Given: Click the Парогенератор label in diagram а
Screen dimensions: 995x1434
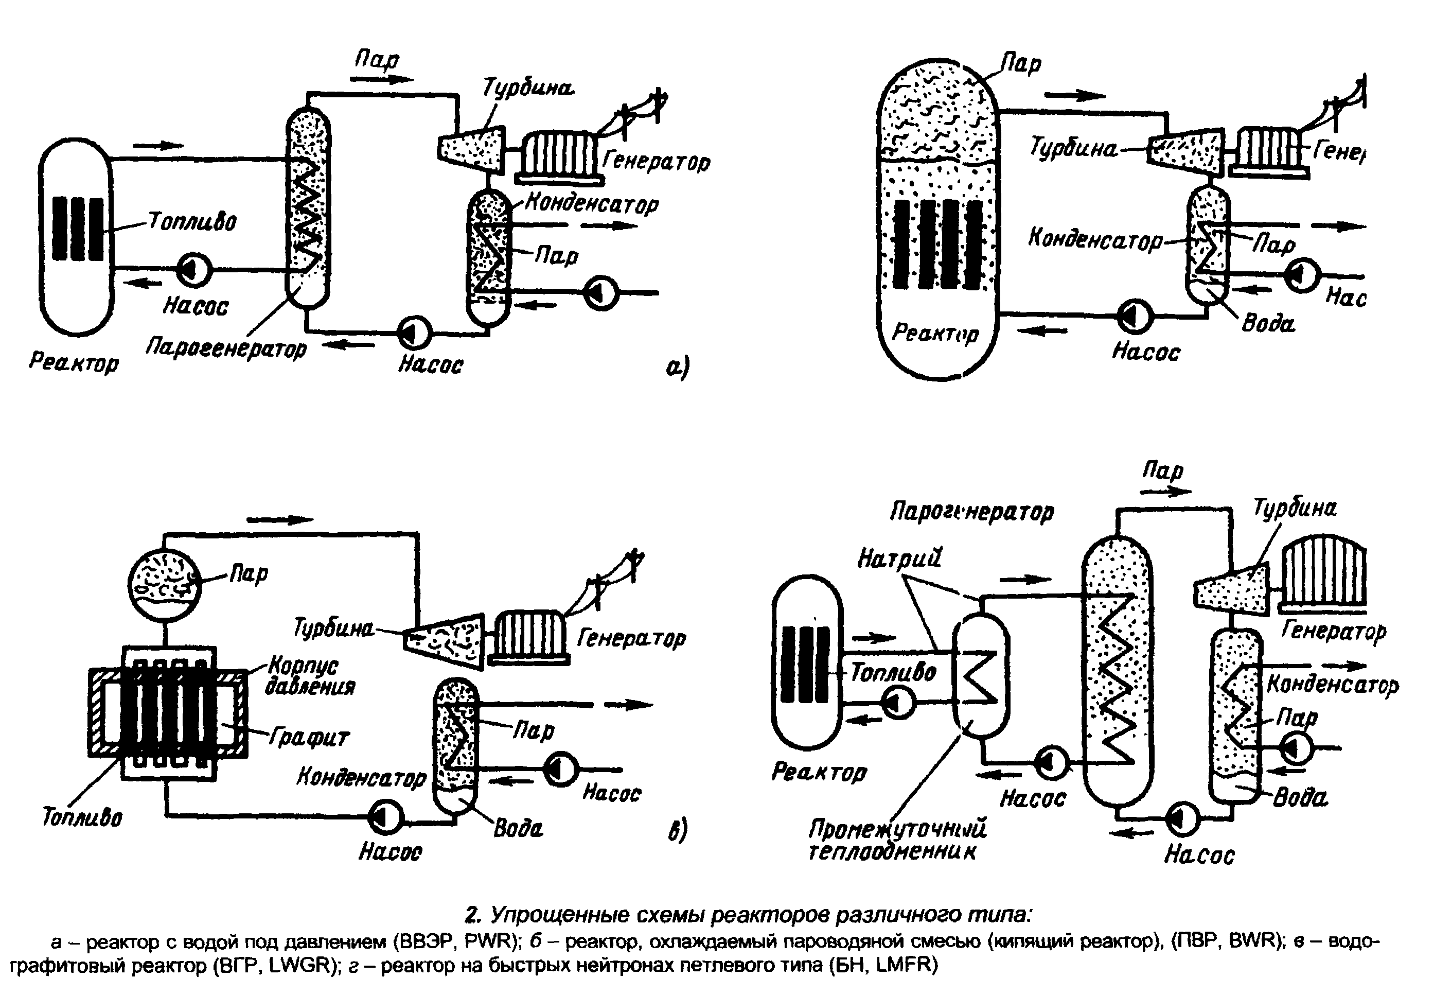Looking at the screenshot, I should pyautogui.click(x=226, y=348).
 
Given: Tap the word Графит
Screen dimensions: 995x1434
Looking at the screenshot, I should pyautogui.click(x=309, y=737).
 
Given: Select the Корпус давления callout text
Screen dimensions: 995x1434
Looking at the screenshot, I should pyautogui.click(x=310, y=676).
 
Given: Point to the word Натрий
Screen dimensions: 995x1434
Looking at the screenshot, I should pyautogui.click(x=899, y=558).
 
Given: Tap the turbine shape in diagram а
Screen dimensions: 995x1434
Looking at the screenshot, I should pyautogui.click(x=470, y=148).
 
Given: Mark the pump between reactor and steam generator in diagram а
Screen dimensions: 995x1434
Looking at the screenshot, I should pyautogui.click(x=194, y=270).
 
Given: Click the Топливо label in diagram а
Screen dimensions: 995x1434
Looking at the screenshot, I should pyautogui.click(x=192, y=221).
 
